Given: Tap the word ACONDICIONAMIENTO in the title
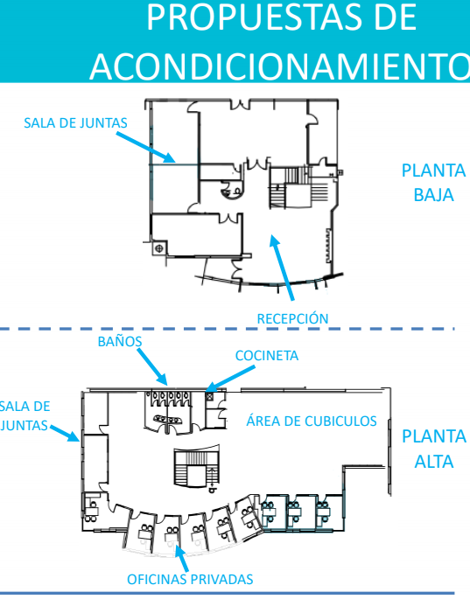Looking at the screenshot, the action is coord(280,66).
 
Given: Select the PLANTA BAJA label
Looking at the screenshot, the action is coord(433,183).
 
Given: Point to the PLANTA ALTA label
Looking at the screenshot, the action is coord(433,449).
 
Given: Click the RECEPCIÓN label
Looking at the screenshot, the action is coord(292,318).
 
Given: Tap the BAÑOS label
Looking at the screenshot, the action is coord(120,342).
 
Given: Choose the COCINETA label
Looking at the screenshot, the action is coord(267,356).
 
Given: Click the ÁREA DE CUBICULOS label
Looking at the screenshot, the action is coord(312,421).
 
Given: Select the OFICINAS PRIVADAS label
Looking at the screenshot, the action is coord(190,579).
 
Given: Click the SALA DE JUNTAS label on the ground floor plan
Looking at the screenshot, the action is coord(75,123).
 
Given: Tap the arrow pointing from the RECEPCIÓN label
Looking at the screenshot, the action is coord(282,268).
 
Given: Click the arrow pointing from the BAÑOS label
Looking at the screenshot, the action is coord(152,366).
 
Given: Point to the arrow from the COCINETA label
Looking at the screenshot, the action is coord(230,379).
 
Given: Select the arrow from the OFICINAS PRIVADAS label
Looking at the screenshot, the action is coord(181,558).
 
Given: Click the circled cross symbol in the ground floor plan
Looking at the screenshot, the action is coord(159,248).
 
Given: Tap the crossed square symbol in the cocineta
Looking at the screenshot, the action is coord(209,396).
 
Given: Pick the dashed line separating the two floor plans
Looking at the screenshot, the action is coord(228,329).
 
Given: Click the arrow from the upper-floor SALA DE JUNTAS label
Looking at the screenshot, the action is coord(65,433).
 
